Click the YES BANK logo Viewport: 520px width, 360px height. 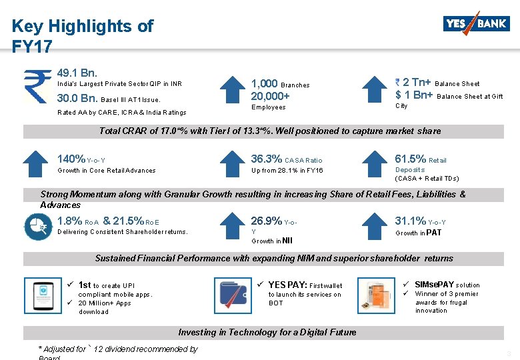pyautogui.click(x=475, y=24)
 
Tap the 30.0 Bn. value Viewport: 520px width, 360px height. pyautogui.click(x=78, y=99)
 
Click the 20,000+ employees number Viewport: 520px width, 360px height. pyautogui.click(x=270, y=96)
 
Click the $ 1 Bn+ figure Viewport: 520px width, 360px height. pyautogui.click(x=414, y=95)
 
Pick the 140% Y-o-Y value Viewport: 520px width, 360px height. pyautogui.click(x=72, y=159)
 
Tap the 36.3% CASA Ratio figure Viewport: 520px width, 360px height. pyautogui.click(x=266, y=159)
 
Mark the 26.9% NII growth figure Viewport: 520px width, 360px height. pyautogui.click(x=266, y=221)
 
